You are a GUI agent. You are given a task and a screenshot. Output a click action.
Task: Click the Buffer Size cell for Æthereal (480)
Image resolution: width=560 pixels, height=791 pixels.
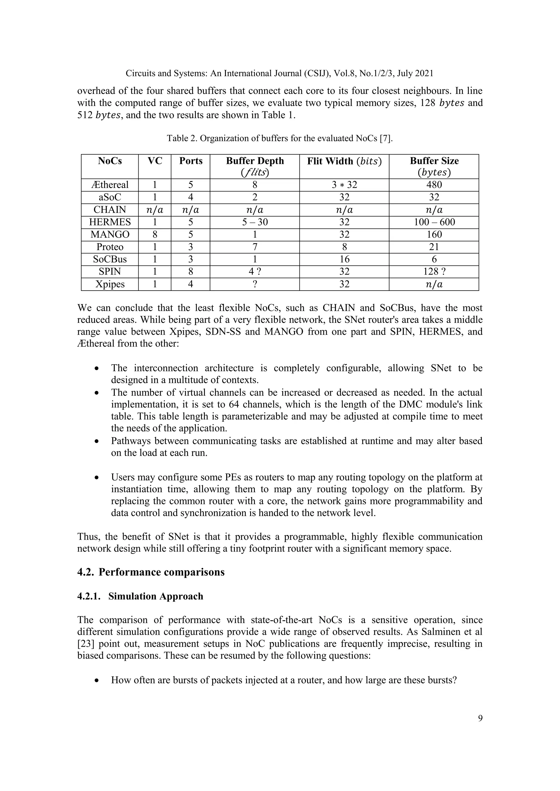pyautogui.click(x=434, y=185)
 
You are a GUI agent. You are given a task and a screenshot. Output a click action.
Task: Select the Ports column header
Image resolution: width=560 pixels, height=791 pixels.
pyautogui.click(x=191, y=161)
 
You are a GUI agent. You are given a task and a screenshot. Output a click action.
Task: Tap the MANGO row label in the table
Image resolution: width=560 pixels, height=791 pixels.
pyautogui.click(x=110, y=235)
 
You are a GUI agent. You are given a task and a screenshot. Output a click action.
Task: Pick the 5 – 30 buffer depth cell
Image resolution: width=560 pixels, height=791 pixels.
pyautogui.click(x=255, y=222)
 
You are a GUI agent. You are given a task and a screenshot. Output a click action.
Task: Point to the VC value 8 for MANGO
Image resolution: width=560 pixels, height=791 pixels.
pyautogui.click(x=155, y=235)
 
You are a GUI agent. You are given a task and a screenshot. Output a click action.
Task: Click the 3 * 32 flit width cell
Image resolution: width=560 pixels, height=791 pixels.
pyautogui.click(x=344, y=185)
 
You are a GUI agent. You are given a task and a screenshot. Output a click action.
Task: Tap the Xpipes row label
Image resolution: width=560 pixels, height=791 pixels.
pyautogui.click(x=110, y=284)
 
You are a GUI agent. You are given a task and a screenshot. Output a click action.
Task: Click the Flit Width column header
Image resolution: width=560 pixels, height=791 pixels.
pyautogui.click(x=344, y=161)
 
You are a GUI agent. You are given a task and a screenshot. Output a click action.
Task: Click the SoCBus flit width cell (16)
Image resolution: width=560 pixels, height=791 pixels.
pyautogui.click(x=344, y=259)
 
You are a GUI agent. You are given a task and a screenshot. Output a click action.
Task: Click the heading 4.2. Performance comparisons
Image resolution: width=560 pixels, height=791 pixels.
pyautogui.click(x=151, y=572)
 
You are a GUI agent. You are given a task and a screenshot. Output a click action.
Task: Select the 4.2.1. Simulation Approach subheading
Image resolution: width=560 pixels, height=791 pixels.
pyautogui.click(x=140, y=596)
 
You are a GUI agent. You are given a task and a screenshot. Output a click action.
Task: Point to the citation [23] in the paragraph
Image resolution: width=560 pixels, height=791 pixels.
pyautogui.click(x=86, y=644)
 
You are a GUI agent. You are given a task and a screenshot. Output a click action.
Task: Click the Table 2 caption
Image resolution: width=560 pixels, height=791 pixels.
pyautogui.click(x=280, y=138)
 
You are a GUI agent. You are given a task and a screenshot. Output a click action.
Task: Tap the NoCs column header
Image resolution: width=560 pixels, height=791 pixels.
pyautogui.click(x=110, y=161)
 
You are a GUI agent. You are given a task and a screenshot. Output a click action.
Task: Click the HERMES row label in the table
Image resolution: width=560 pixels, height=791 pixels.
pyautogui.click(x=110, y=222)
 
